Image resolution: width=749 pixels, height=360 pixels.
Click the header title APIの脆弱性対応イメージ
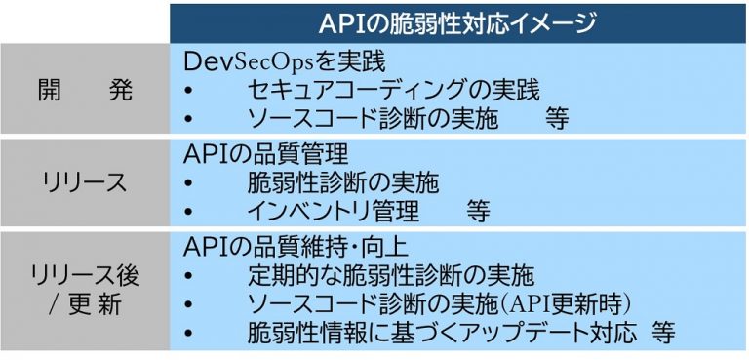pyautogui.click(x=457, y=22)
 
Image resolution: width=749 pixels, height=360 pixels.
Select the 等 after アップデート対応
pyautogui.click(x=663, y=333)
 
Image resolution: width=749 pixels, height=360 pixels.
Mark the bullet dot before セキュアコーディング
pyautogui.click(x=188, y=93)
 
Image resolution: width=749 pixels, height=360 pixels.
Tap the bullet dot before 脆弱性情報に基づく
pyautogui.click(x=188, y=334)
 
